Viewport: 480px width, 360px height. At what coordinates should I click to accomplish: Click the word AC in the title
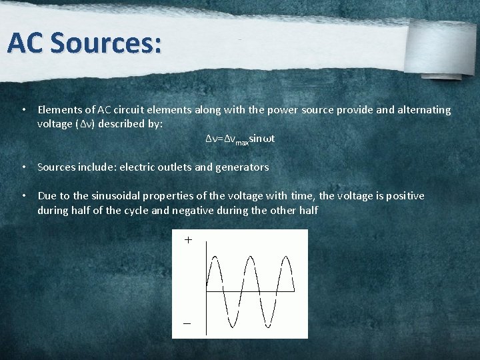click(26, 43)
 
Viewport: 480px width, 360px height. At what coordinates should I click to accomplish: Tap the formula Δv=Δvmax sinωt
click(240, 139)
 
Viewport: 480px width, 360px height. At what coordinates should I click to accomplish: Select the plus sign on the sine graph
click(188, 240)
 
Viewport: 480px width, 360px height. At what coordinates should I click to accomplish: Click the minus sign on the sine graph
click(187, 323)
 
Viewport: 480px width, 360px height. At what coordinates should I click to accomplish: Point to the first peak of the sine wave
click(215, 259)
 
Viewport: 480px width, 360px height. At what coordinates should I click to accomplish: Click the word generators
click(243, 167)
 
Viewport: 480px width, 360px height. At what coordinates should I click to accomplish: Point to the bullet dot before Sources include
click(23, 167)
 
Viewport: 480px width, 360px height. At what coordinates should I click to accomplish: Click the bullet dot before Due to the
click(23, 196)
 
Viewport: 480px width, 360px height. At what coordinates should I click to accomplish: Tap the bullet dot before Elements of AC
click(23, 109)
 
